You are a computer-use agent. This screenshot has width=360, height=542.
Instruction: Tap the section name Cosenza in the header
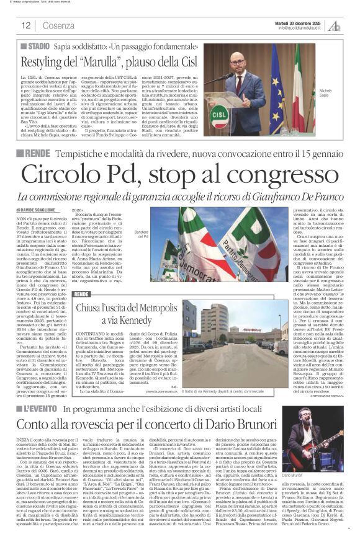tap(59, 25)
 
